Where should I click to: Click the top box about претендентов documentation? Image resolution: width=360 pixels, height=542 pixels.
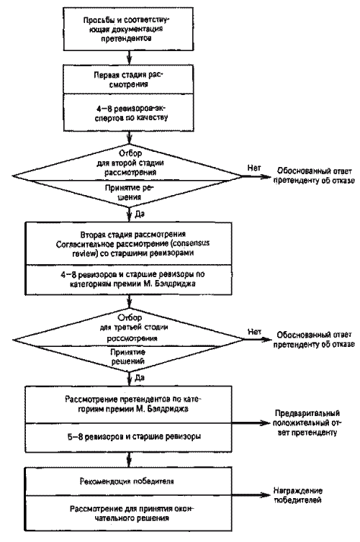[x=128, y=30]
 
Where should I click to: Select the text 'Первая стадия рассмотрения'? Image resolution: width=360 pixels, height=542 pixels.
[x=128, y=79]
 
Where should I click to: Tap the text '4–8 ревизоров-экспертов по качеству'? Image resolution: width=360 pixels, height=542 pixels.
[x=131, y=113]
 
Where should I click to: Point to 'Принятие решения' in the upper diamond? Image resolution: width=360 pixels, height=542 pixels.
[x=129, y=192]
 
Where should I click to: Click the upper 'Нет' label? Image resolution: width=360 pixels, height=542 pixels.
[x=254, y=168]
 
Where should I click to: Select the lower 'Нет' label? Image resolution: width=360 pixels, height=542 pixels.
[x=254, y=333]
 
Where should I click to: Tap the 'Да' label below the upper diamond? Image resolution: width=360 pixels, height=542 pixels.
[x=139, y=214]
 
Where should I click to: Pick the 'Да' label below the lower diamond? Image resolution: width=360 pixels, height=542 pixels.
[x=139, y=378]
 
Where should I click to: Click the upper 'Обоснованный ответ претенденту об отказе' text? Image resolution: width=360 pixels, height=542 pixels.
[x=314, y=176]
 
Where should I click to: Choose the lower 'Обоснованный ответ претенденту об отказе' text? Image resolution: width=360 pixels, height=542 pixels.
[x=314, y=340]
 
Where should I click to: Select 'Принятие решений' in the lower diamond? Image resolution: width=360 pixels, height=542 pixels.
[x=127, y=357]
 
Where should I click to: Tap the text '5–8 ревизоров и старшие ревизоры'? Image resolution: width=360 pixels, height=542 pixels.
[x=134, y=437]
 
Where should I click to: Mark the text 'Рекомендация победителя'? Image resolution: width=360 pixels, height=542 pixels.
[x=127, y=482]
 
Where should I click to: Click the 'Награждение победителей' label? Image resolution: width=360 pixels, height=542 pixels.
[x=298, y=495]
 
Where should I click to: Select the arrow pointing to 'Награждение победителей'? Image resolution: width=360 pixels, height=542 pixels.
[x=251, y=495]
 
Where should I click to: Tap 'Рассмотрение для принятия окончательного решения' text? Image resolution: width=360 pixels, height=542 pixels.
[x=128, y=514]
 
